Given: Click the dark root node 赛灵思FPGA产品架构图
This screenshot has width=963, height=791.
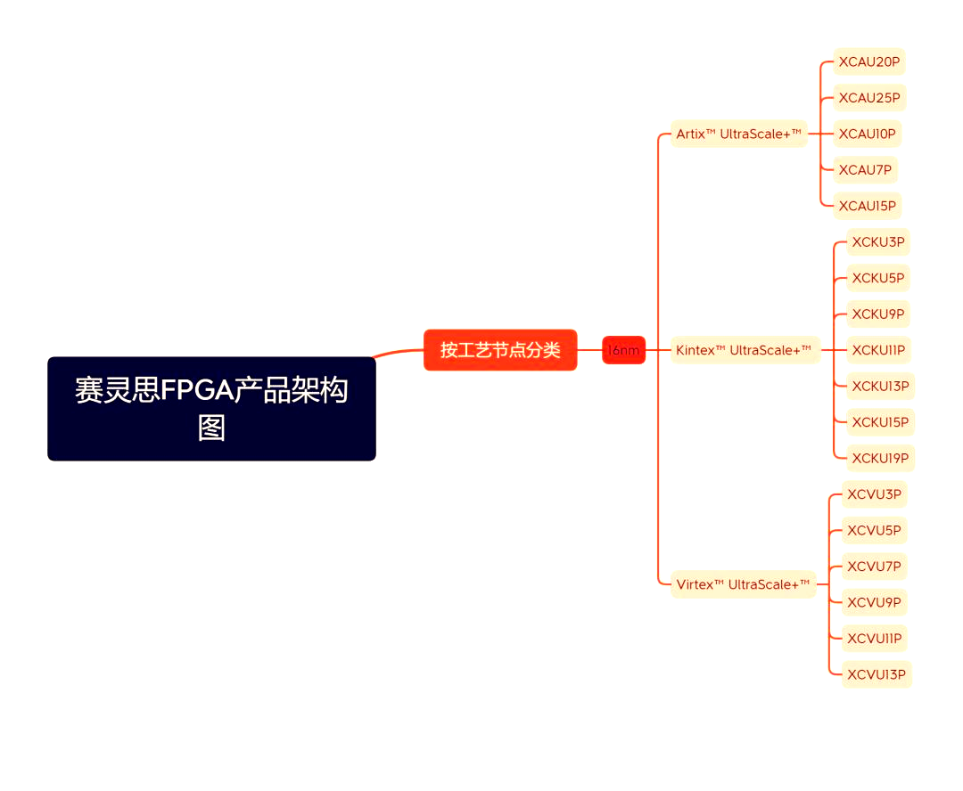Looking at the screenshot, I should point(211,408).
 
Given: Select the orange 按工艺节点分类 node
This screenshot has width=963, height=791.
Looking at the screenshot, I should point(500,350).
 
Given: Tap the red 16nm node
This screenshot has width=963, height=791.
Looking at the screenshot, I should point(623,350).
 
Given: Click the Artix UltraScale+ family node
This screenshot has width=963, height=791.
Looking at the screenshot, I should point(738,134).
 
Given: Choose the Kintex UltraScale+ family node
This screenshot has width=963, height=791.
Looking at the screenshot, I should point(744,350).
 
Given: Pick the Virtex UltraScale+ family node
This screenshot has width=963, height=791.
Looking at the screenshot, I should point(743,584).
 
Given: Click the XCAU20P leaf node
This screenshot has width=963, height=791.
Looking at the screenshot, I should point(868,61).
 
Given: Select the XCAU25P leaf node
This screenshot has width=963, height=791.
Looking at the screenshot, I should point(868,98).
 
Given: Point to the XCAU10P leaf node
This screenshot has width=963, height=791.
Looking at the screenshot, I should point(867,134).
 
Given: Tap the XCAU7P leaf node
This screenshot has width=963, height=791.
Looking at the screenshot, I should point(864,170).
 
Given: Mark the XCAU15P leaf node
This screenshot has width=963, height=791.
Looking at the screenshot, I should point(867,206).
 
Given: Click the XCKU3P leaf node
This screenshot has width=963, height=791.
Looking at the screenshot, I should point(877,241).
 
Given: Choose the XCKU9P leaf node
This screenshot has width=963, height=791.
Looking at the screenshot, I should point(877,314).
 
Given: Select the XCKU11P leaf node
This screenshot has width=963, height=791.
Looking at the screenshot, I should point(877,350).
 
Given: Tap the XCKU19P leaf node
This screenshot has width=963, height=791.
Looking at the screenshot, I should point(880,458).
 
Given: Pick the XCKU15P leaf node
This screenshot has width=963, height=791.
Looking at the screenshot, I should point(880,422).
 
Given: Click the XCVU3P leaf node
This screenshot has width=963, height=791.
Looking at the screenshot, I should point(874,494).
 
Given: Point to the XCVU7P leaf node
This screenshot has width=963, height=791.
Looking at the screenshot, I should point(874,567).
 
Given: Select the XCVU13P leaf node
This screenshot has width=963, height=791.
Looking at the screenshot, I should point(876,674).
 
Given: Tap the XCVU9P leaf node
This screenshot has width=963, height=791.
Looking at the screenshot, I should point(874,602).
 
